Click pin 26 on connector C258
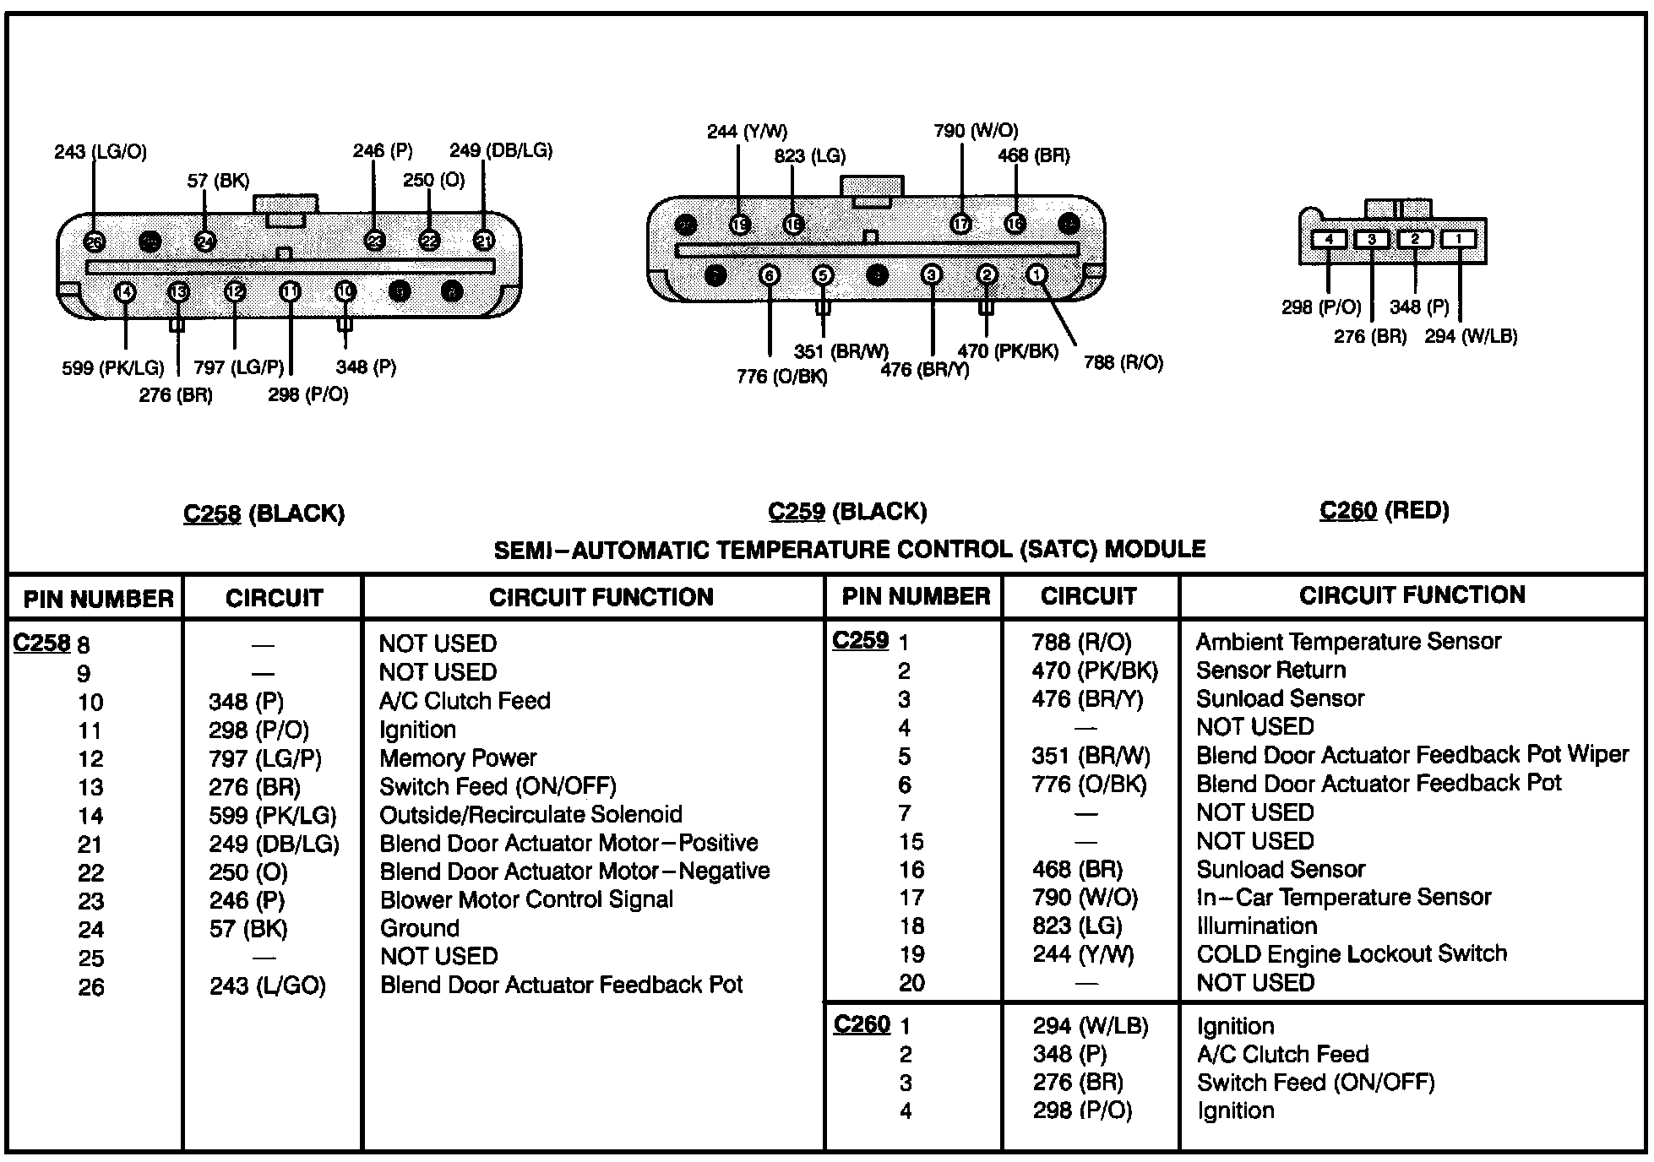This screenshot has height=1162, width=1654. click(94, 242)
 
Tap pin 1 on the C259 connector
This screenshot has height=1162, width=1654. click(1036, 274)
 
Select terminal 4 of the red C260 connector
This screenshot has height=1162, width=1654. click(1329, 240)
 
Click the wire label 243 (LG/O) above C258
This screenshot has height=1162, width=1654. click(101, 152)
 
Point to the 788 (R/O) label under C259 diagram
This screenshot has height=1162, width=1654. click(1123, 363)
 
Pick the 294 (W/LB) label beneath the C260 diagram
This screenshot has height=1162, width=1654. click(1471, 336)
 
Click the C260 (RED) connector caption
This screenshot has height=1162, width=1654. click(1384, 510)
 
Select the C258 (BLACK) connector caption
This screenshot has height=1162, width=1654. click(264, 513)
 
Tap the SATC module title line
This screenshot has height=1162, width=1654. click(849, 550)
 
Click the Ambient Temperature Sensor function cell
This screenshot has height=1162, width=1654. click(1348, 642)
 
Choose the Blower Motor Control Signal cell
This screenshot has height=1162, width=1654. click(526, 900)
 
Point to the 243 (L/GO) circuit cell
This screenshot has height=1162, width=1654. click(267, 986)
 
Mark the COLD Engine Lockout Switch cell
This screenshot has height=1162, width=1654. click(1352, 954)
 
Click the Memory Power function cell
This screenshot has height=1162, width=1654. click(458, 758)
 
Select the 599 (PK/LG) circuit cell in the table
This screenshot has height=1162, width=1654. click(273, 816)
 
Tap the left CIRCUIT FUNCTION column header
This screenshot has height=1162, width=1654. click(601, 598)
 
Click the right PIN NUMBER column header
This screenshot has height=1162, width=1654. click(916, 596)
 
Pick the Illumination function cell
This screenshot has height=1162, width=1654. click(1257, 926)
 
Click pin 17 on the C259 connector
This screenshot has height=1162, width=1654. click(960, 224)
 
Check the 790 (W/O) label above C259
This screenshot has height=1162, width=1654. click(976, 131)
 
